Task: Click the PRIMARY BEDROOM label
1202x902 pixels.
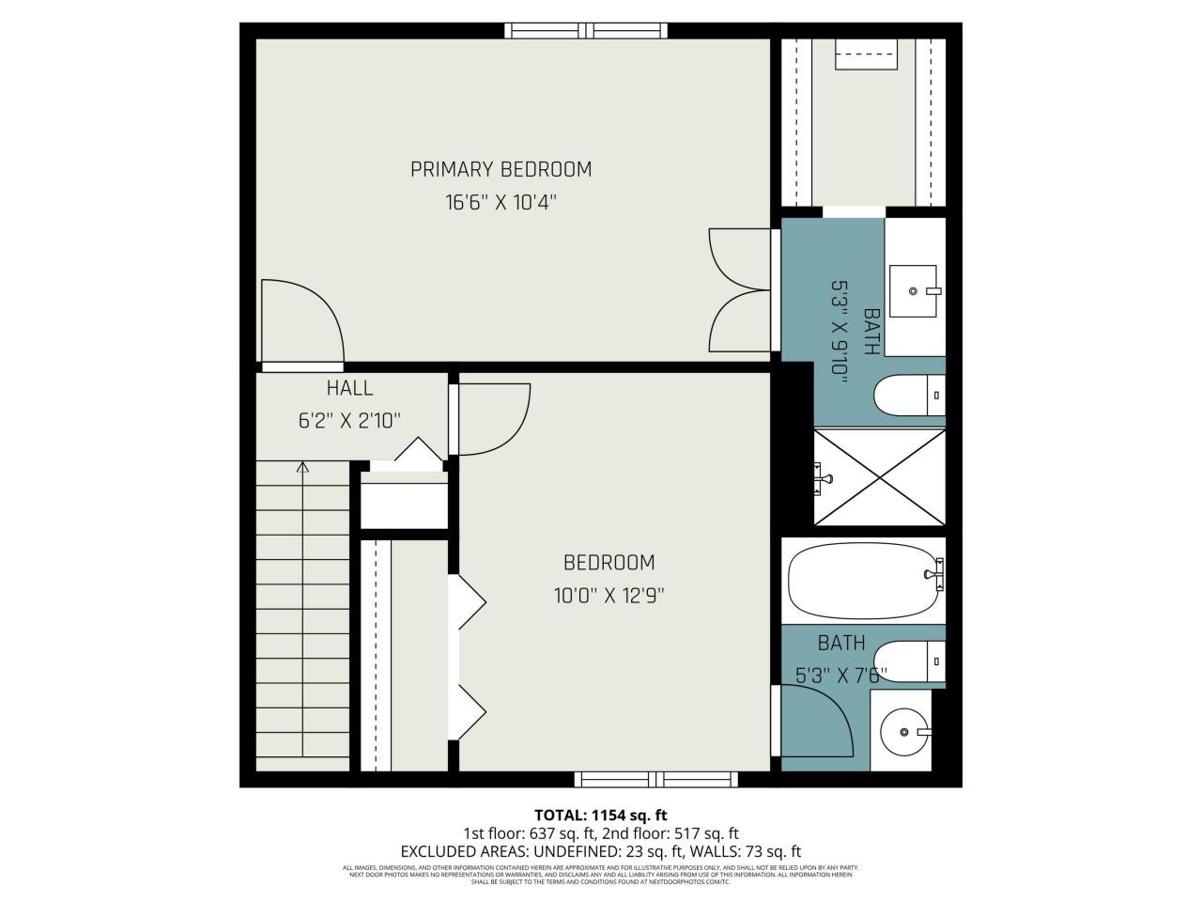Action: pos(501,170)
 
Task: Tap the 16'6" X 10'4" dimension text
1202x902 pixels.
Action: pos(501,201)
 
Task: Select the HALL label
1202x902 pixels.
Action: pos(349,388)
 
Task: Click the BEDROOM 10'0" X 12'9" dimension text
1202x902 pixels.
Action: pos(609,595)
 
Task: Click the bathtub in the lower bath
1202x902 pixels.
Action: pos(863,580)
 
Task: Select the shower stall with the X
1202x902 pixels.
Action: pos(879,477)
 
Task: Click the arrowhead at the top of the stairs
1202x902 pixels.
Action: pos(302,466)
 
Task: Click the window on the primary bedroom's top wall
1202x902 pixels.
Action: pos(587,30)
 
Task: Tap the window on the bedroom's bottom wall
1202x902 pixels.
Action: pos(656,779)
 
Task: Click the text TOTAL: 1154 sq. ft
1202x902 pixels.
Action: pos(600,815)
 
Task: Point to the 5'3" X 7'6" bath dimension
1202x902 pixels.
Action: pos(841,674)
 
